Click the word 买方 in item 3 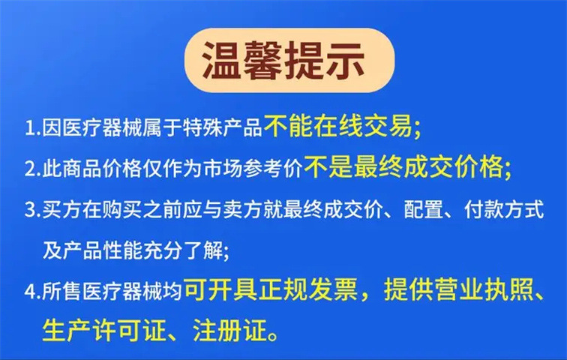click(x=58, y=211)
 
